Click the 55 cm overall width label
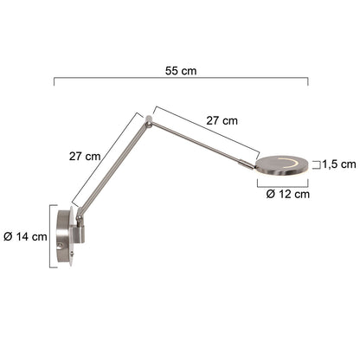pos(181,71)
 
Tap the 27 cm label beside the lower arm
pos(85,157)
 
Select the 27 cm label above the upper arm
pos(222,120)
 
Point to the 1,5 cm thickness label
pos(339,164)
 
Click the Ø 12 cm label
pos(288,194)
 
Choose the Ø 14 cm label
pos(25,237)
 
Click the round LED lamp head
pos(282,166)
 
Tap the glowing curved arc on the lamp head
pos(290,163)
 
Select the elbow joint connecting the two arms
pos(149,122)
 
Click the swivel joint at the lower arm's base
pos(79,218)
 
